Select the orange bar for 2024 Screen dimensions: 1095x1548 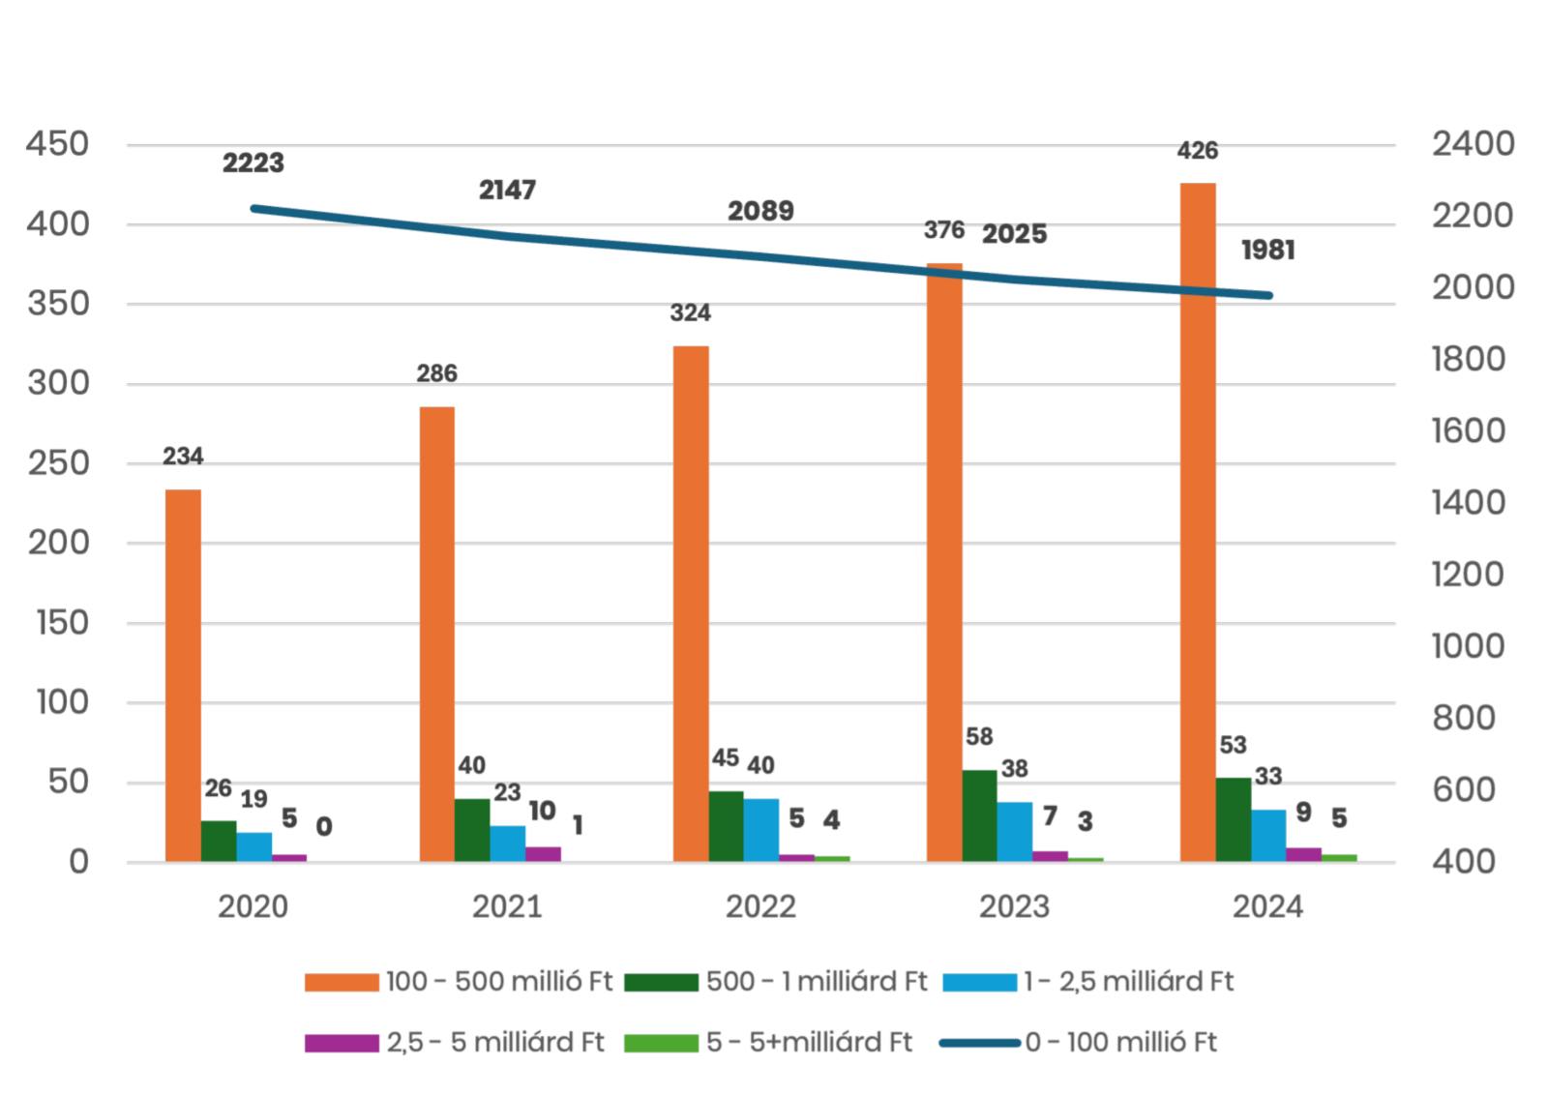[x=1198, y=522]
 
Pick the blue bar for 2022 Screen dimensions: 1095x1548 [x=761, y=829]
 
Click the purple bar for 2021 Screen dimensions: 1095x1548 [x=544, y=853]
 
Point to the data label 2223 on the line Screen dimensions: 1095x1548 [x=253, y=163]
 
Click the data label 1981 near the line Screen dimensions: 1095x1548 [x=1267, y=252]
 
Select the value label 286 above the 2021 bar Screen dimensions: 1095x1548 [x=436, y=373]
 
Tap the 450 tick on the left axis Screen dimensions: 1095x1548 [x=58, y=145]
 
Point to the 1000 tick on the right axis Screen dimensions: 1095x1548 [x=1468, y=646]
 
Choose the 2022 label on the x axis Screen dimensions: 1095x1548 [x=760, y=907]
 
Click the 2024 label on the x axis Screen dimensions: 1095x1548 [x=1267, y=907]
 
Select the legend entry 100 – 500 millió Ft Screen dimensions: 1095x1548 [x=499, y=982]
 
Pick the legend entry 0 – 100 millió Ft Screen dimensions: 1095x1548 [x=1120, y=1043]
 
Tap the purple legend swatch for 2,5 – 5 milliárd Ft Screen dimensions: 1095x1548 [x=341, y=1044]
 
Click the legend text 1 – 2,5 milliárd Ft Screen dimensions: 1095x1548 [x=1129, y=982]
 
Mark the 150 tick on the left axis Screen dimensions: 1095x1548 [x=63, y=623]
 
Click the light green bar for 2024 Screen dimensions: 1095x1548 [x=1339, y=857]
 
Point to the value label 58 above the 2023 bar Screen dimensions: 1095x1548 [x=979, y=737]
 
